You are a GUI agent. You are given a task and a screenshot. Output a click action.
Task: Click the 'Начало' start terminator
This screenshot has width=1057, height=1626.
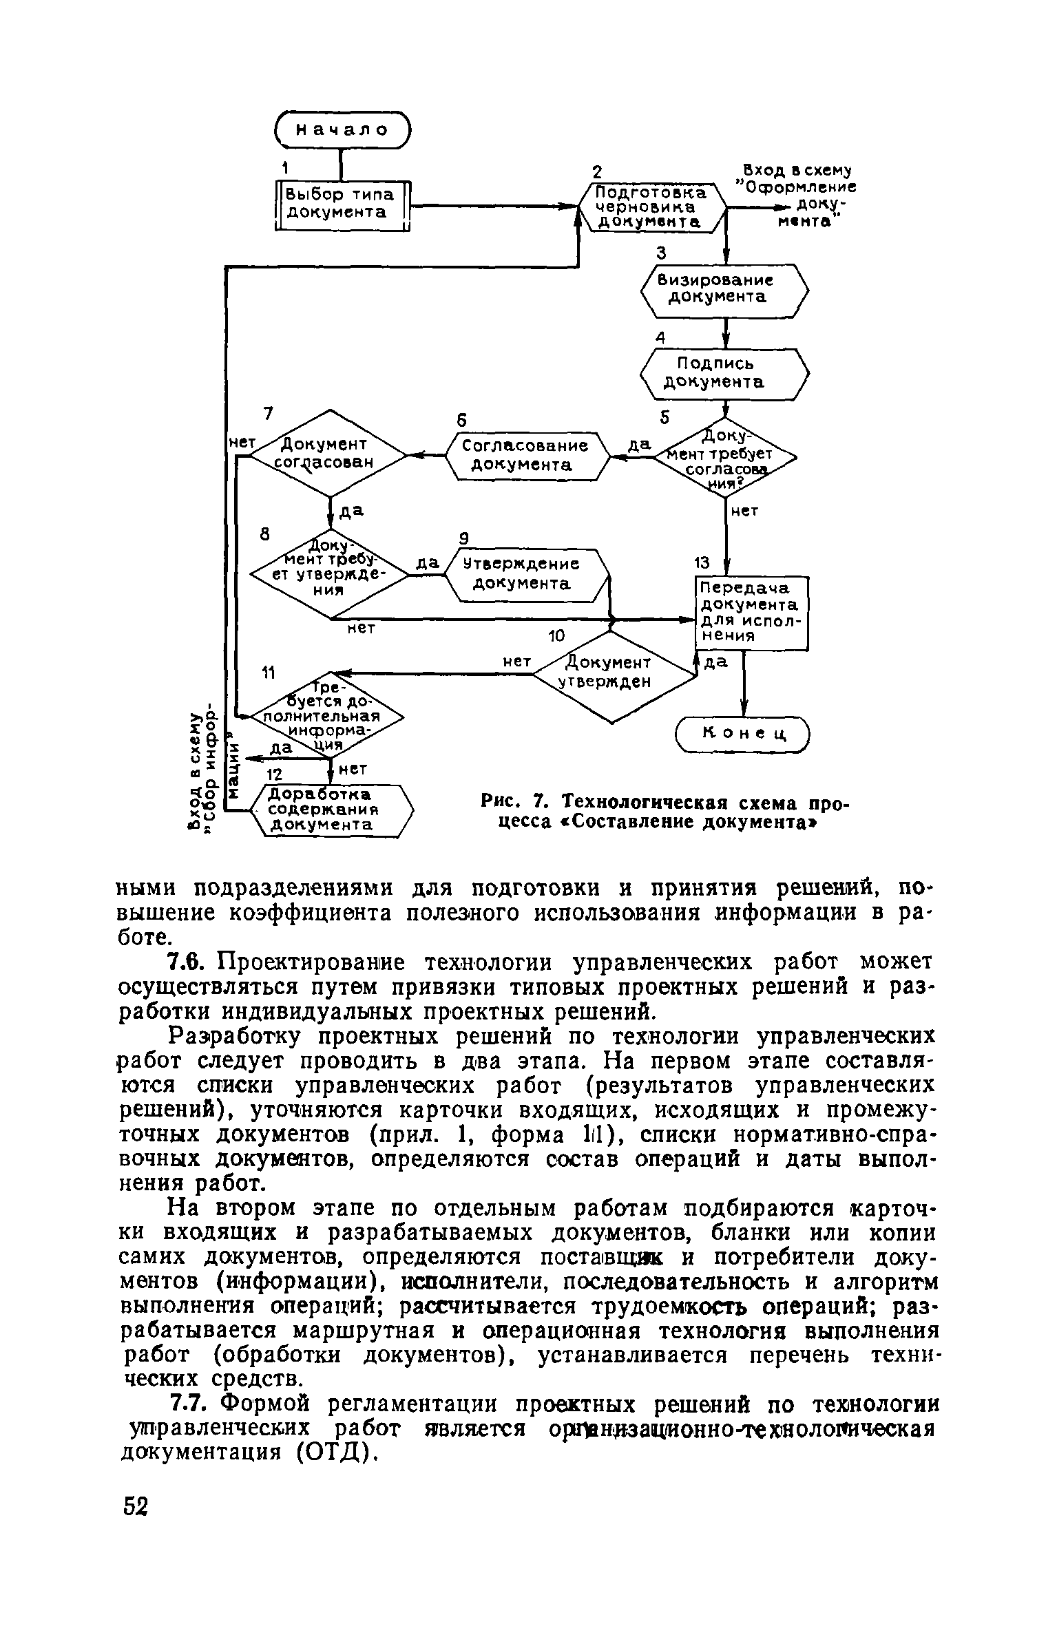tap(342, 129)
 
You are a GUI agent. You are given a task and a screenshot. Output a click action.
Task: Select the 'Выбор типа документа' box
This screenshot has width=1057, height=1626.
tap(342, 204)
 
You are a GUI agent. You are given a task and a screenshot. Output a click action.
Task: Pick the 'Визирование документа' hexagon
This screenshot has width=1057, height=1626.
tap(724, 290)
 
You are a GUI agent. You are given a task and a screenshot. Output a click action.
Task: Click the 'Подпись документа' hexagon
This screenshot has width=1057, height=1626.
tap(724, 374)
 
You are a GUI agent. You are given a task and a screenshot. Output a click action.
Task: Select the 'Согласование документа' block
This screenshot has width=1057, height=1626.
tap(527, 455)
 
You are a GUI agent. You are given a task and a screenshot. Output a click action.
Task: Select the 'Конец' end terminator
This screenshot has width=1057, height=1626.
tap(744, 735)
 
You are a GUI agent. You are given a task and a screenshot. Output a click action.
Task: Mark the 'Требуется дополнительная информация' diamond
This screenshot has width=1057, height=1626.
tap(328, 715)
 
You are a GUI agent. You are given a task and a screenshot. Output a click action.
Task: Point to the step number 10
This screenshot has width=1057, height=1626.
tap(555, 636)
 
